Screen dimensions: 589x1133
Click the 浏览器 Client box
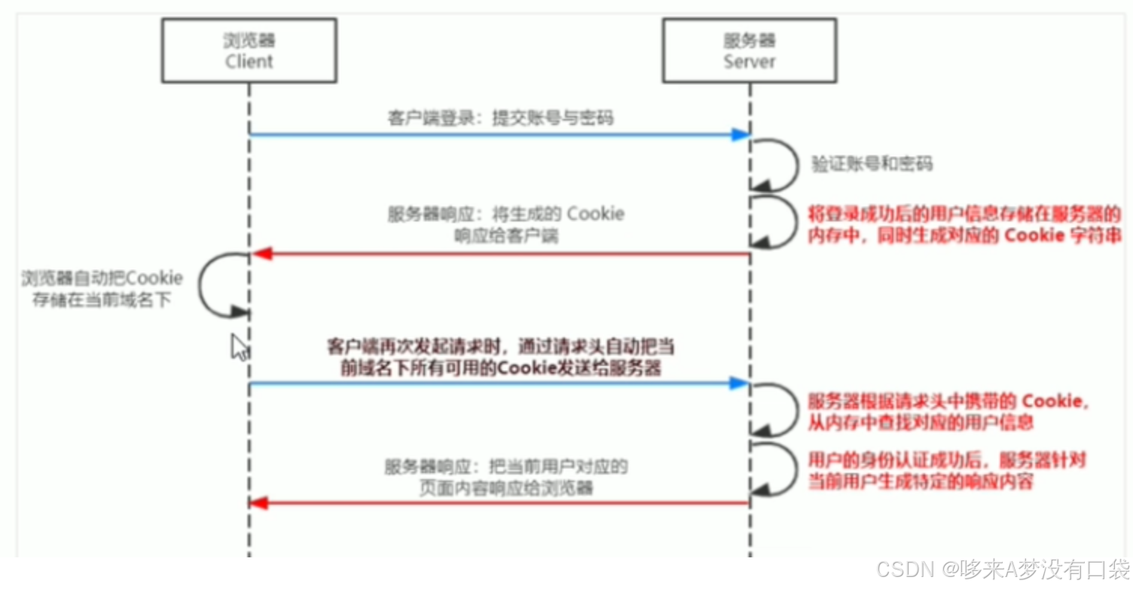[249, 50]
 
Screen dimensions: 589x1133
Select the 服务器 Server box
[749, 50]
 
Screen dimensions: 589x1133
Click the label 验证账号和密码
[872, 163]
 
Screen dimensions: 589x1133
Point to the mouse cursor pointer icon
[239, 347]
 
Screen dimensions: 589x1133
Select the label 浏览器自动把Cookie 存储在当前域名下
[102, 289]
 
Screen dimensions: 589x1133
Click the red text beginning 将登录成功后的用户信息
[965, 224]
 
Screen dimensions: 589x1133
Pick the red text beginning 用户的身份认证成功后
[947, 471]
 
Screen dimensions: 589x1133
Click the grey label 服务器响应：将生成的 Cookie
[505, 224]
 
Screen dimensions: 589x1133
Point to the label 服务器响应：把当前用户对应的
[505, 477]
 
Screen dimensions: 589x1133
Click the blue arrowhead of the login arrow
[741, 135]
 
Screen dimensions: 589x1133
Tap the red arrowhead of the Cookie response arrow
[261, 254]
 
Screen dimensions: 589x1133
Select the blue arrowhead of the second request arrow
[741, 383]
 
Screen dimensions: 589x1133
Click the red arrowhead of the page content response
[259, 502]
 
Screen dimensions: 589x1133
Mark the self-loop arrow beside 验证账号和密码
[780, 163]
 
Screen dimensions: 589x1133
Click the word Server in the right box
[749, 61]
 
